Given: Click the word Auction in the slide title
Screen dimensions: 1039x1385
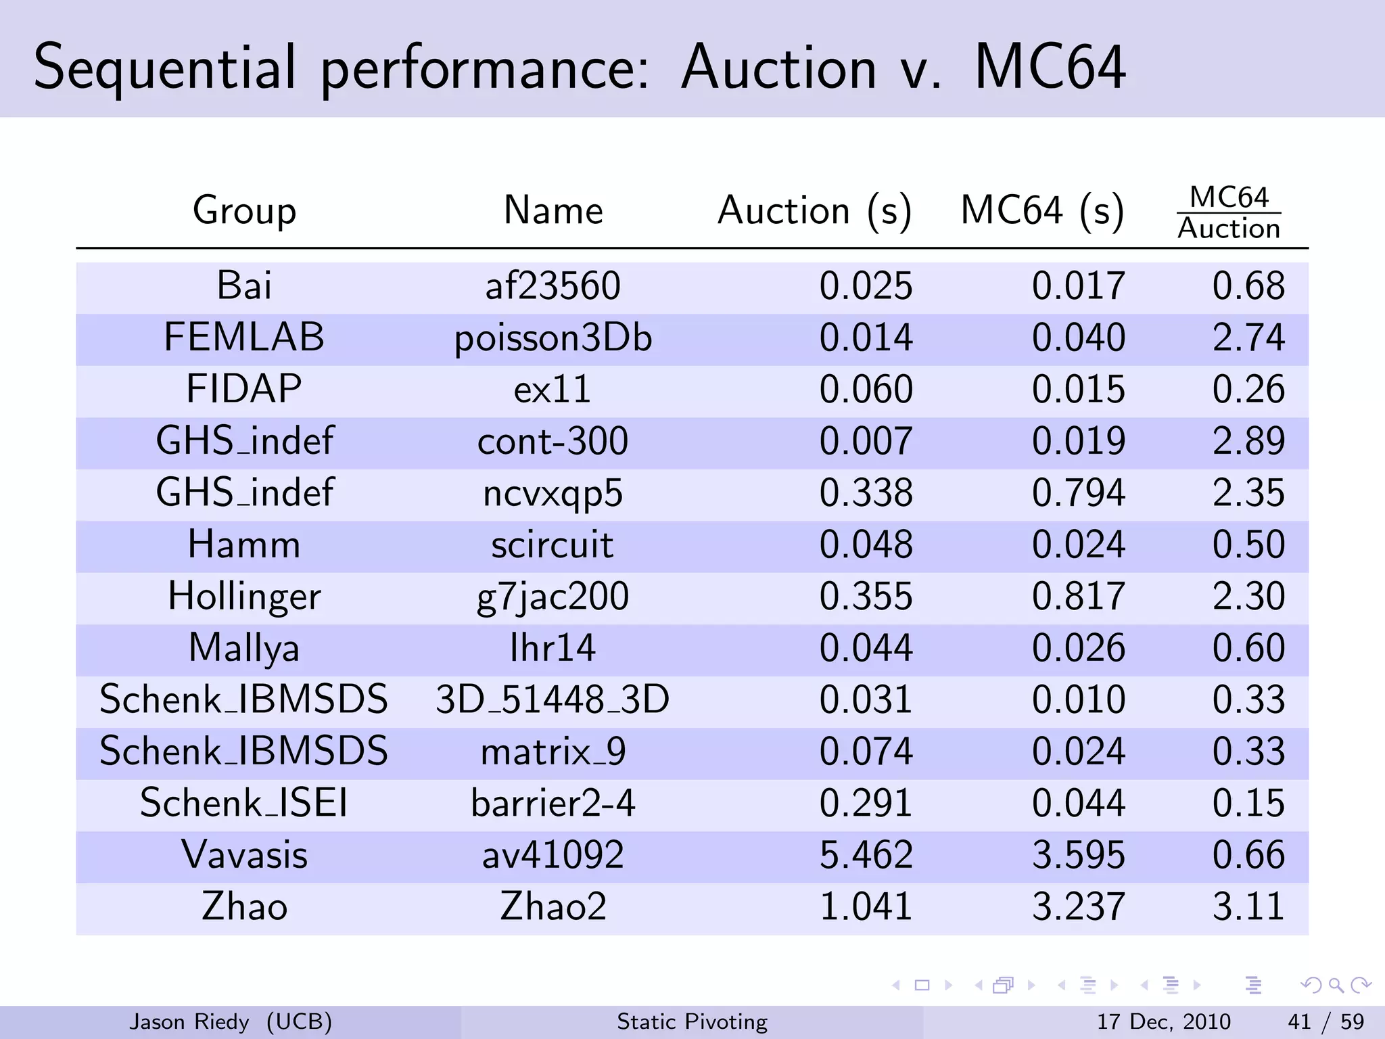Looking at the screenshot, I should point(778,68).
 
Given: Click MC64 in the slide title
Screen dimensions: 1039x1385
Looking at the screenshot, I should point(1050,68).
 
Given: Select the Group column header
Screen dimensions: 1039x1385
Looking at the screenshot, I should point(244,210).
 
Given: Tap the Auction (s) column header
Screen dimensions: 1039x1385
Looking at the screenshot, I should point(814,210).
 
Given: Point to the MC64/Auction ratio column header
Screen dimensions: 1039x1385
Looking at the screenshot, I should point(1228,213).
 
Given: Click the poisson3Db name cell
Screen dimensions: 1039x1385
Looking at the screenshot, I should point(553,338).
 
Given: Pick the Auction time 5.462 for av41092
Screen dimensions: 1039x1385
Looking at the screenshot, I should point(866,855).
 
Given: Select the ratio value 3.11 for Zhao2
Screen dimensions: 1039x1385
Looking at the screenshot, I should point(1248,906).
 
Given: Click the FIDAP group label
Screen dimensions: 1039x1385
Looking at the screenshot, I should point(244,389).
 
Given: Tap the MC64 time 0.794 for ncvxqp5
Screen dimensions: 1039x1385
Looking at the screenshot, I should point(1078,492).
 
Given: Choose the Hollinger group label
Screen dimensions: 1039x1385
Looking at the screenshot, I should point(244,597).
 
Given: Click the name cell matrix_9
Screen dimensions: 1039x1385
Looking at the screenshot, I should point(553,752).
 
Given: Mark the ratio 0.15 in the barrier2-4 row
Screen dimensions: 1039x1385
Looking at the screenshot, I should point(1248,804).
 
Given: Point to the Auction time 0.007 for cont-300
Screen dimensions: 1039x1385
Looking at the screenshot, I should point(866,441).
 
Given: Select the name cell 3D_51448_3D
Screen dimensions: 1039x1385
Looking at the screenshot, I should point(553,699).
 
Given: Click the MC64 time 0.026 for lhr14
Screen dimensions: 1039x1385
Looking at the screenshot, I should point(1078,648).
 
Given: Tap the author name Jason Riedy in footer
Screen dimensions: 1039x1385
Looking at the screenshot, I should point(189,1021).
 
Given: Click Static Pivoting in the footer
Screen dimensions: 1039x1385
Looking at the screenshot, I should point(692,1021).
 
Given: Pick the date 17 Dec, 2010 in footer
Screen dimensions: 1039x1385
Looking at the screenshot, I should point(1163,1021).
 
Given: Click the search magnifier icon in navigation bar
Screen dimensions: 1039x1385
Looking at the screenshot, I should point(1336,986).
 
